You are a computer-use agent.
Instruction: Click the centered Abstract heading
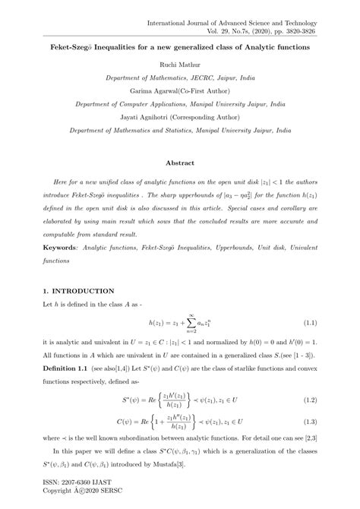coord(179,163)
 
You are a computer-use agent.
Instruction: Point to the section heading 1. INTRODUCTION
coord(78,290)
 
